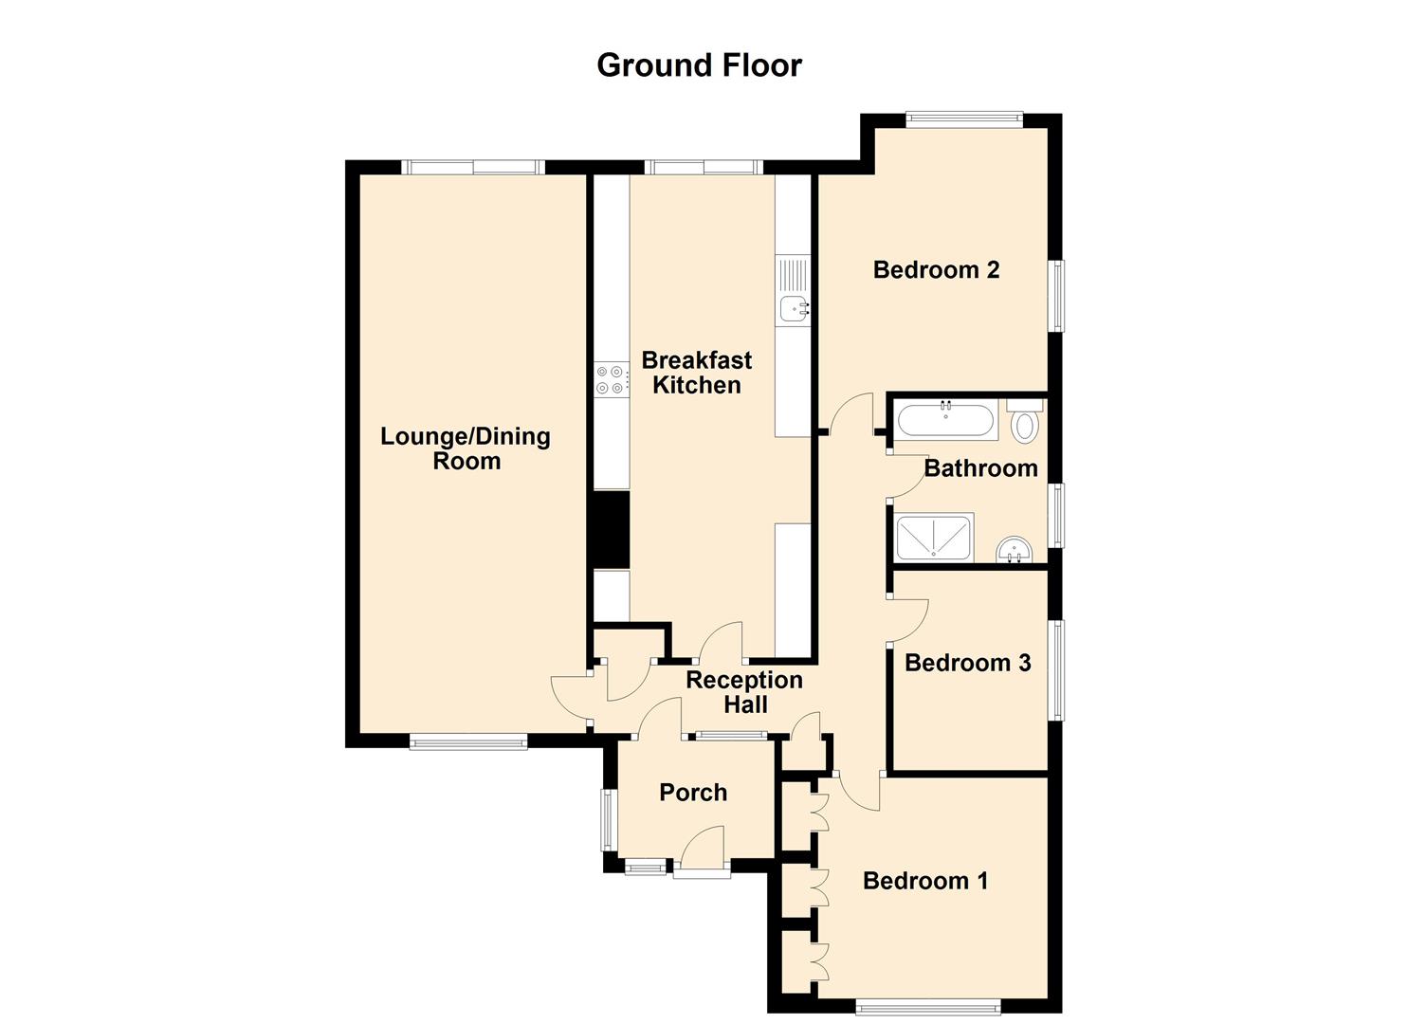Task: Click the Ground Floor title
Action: (x=699, y=64)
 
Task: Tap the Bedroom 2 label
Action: (x=936, y=270)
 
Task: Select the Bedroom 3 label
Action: (x=967, y=663)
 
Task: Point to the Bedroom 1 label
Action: (x=925, y=881)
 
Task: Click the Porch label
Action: (x=693, y=793)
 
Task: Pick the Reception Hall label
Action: (x=744, y=692)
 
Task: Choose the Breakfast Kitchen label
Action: (x=697, y=373)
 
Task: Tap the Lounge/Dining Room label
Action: (x=466, y=448)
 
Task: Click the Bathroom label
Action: (x=980, y=468)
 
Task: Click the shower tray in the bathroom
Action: (x=934, y=538)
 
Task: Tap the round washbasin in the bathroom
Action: (x=1015, y=550)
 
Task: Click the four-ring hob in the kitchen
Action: (x=610, y=379)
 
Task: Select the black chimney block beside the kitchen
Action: (x=612, y=529)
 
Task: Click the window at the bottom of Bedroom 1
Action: (x=927, y=1006)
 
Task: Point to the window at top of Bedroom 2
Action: (x=963, y=119)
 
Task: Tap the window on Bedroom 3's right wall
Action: (x=1055, y=669)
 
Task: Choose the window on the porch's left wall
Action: (x=607, y=819)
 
